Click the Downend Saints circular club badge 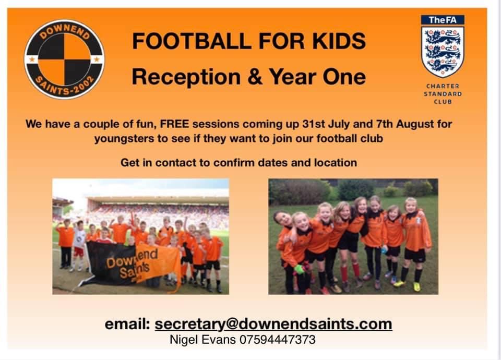tap(64, 58)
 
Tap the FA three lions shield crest tap(443, 51)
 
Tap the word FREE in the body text tap(180, 125)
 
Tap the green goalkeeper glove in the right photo tap(299, 269)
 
